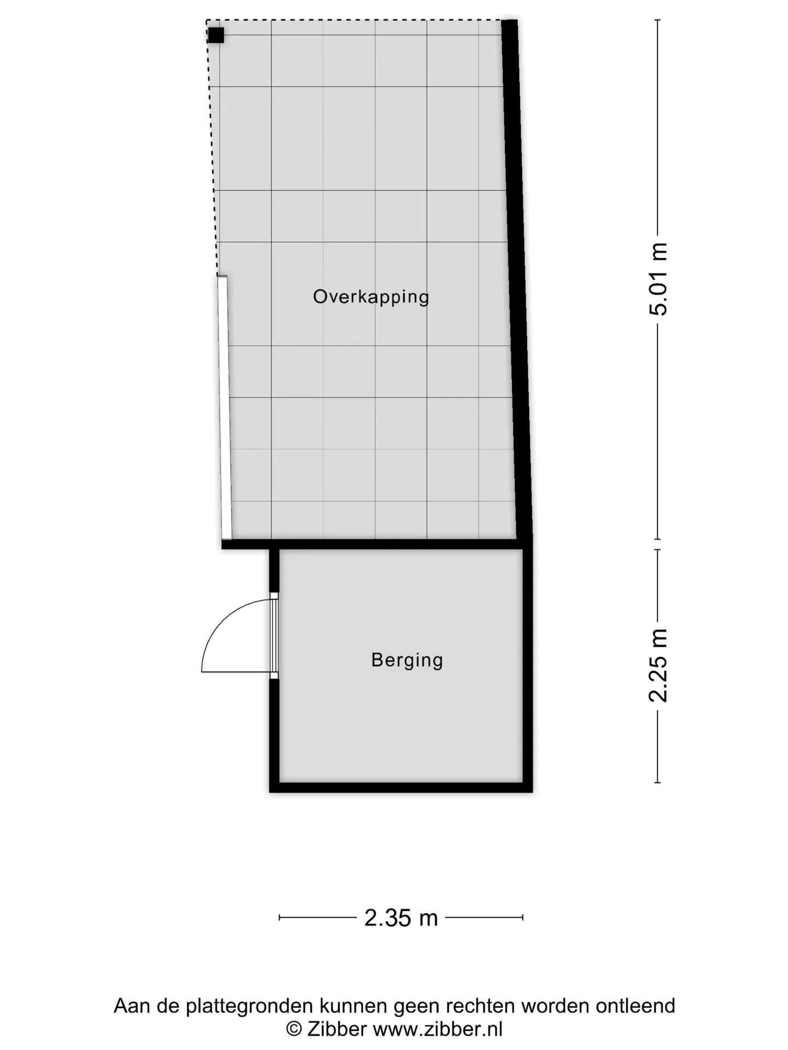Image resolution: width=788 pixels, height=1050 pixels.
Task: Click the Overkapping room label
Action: pyautogui.click(x=371, y=297)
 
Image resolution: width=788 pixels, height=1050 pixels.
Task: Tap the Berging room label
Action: pyautogui.click(x=407, y=660)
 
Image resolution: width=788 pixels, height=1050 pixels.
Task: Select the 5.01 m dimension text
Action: pyautogui.click(x=658, y=279)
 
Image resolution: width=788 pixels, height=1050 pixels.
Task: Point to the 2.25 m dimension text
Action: pyautogui.click(x=658, y=665)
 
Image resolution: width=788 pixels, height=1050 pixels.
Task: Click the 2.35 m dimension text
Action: pyautogui.click(x=401, y=918)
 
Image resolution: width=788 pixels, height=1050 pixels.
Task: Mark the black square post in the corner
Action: pyautogui.click(x=216, y=35)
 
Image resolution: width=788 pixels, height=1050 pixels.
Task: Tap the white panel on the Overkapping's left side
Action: pyautogui.click(x=224, y=407)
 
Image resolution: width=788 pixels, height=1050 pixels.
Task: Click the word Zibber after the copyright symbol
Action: pyautogui.click(x=337, y=1029)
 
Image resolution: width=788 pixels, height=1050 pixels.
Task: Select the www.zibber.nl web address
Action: pyautogui.click(x=438, y=1029)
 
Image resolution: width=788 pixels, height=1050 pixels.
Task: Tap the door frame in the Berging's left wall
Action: pyautogui.click(x=274, y=636)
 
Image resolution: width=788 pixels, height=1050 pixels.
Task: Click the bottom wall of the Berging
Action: pyautogui.click(x=401, y=788)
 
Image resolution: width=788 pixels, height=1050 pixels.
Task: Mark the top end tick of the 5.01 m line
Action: pyautogui.click(x=658, y=20)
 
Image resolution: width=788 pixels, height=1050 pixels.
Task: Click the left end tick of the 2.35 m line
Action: pyautogui.click(x=280, y=917)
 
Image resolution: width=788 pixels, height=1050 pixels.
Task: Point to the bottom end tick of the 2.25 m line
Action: pyautogui.click(x=658, y=783)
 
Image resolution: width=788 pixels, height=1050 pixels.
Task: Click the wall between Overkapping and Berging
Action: pyautogui.click(x=377, y=544)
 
